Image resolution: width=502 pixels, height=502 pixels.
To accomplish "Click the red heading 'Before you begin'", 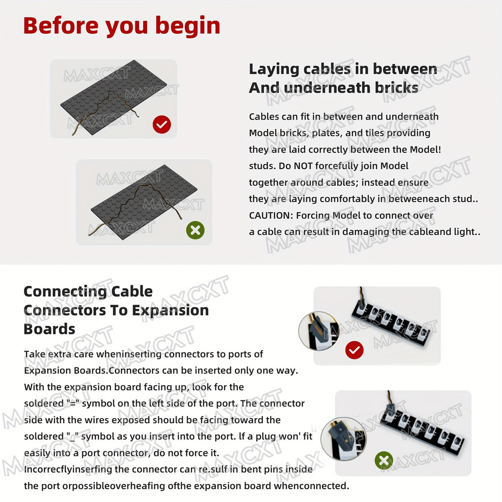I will point(122,25).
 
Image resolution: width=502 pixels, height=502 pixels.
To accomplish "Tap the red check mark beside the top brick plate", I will point(162,125).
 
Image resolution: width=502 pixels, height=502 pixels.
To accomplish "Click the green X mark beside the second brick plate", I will point(195,230).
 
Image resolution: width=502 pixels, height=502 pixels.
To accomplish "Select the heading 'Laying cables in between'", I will point(343,69).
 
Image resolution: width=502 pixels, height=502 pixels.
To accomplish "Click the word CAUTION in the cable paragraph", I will point(271,215).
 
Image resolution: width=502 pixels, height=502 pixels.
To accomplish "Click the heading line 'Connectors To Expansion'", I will point(116,310).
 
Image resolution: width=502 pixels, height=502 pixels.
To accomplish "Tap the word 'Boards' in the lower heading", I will point(50,329).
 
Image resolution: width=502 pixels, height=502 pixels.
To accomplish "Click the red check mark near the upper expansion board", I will point(354,350).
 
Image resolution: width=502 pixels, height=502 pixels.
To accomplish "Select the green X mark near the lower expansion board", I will point(383,460).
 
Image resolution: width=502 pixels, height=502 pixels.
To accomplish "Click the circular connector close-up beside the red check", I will point(319,329).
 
